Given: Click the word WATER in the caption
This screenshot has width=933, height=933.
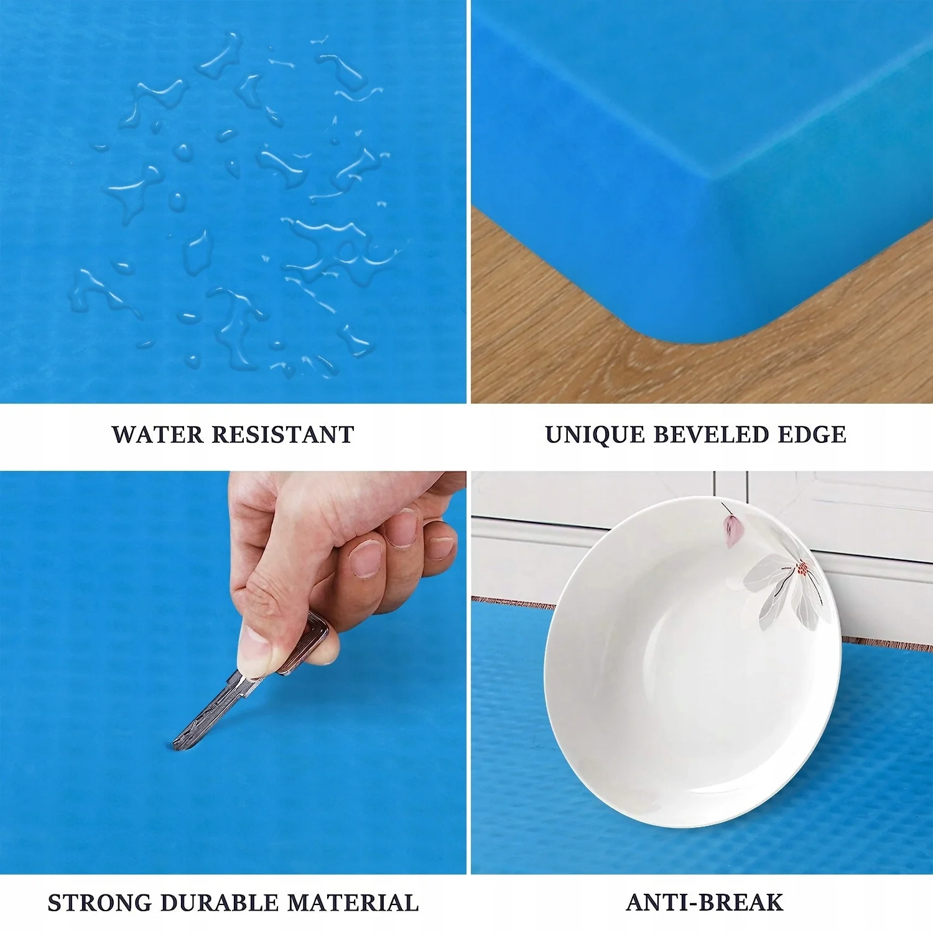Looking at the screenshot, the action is click(157, 434).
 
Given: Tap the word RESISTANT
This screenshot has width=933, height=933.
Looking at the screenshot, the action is click(283, 434).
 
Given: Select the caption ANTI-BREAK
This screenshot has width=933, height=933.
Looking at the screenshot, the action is click(705, 902).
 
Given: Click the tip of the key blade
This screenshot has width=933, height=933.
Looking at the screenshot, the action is click(175, 746).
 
